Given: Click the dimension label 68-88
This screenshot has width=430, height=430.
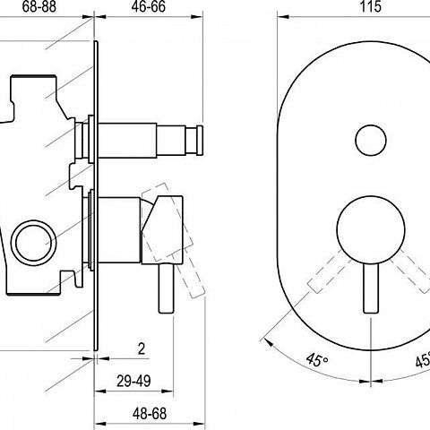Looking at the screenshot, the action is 39,6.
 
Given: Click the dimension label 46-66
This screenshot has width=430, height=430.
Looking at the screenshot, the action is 149,6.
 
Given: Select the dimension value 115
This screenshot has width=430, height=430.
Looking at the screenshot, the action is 371,6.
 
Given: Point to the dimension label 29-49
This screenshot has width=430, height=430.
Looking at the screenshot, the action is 133,381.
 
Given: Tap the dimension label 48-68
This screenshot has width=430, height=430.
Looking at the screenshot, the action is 150,414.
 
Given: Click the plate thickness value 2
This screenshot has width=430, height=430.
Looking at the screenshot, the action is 142,348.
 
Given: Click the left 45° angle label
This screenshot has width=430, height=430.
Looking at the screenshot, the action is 317,360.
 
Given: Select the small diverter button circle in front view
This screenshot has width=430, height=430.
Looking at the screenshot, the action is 371,140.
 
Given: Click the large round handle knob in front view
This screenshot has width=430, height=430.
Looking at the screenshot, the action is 371,230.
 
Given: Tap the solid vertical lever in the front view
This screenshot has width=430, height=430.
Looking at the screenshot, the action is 371,288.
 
